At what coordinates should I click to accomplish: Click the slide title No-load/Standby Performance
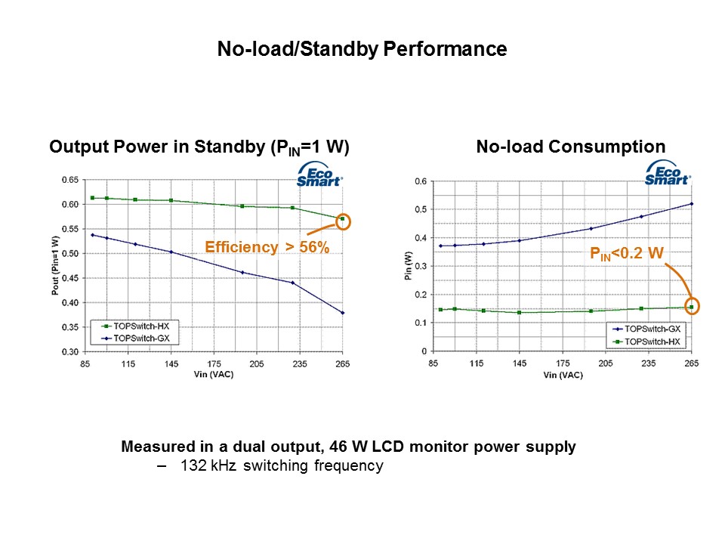click(x=362, y=49)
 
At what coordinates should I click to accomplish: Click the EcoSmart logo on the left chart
click(x=319, y=175)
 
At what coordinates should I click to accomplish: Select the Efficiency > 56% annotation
click(x=267, y=247)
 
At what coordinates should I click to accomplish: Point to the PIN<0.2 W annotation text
click(x=627, y=254)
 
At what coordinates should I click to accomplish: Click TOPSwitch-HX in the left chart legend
click(x=141, y=326)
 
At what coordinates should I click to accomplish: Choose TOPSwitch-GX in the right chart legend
click(x=652, y=329)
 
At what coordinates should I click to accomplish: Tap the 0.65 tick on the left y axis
click(x=70, y=180)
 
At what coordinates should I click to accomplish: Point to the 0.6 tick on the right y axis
click(x=421, y=181)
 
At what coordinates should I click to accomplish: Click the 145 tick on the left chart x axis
click(x=171, y=364)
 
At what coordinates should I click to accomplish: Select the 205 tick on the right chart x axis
click(x=605, y=363)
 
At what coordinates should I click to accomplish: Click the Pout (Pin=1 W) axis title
click(x=55, y=265)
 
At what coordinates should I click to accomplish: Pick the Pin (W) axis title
click(x=408, y=265)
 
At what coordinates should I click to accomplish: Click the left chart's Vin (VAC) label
click(x=214, y=374)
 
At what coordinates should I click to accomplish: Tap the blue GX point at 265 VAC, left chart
click(x=343, y=313)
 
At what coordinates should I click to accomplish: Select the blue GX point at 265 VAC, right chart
click(x=692, y=203)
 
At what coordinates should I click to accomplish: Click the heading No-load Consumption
click(x=571, y=147)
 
